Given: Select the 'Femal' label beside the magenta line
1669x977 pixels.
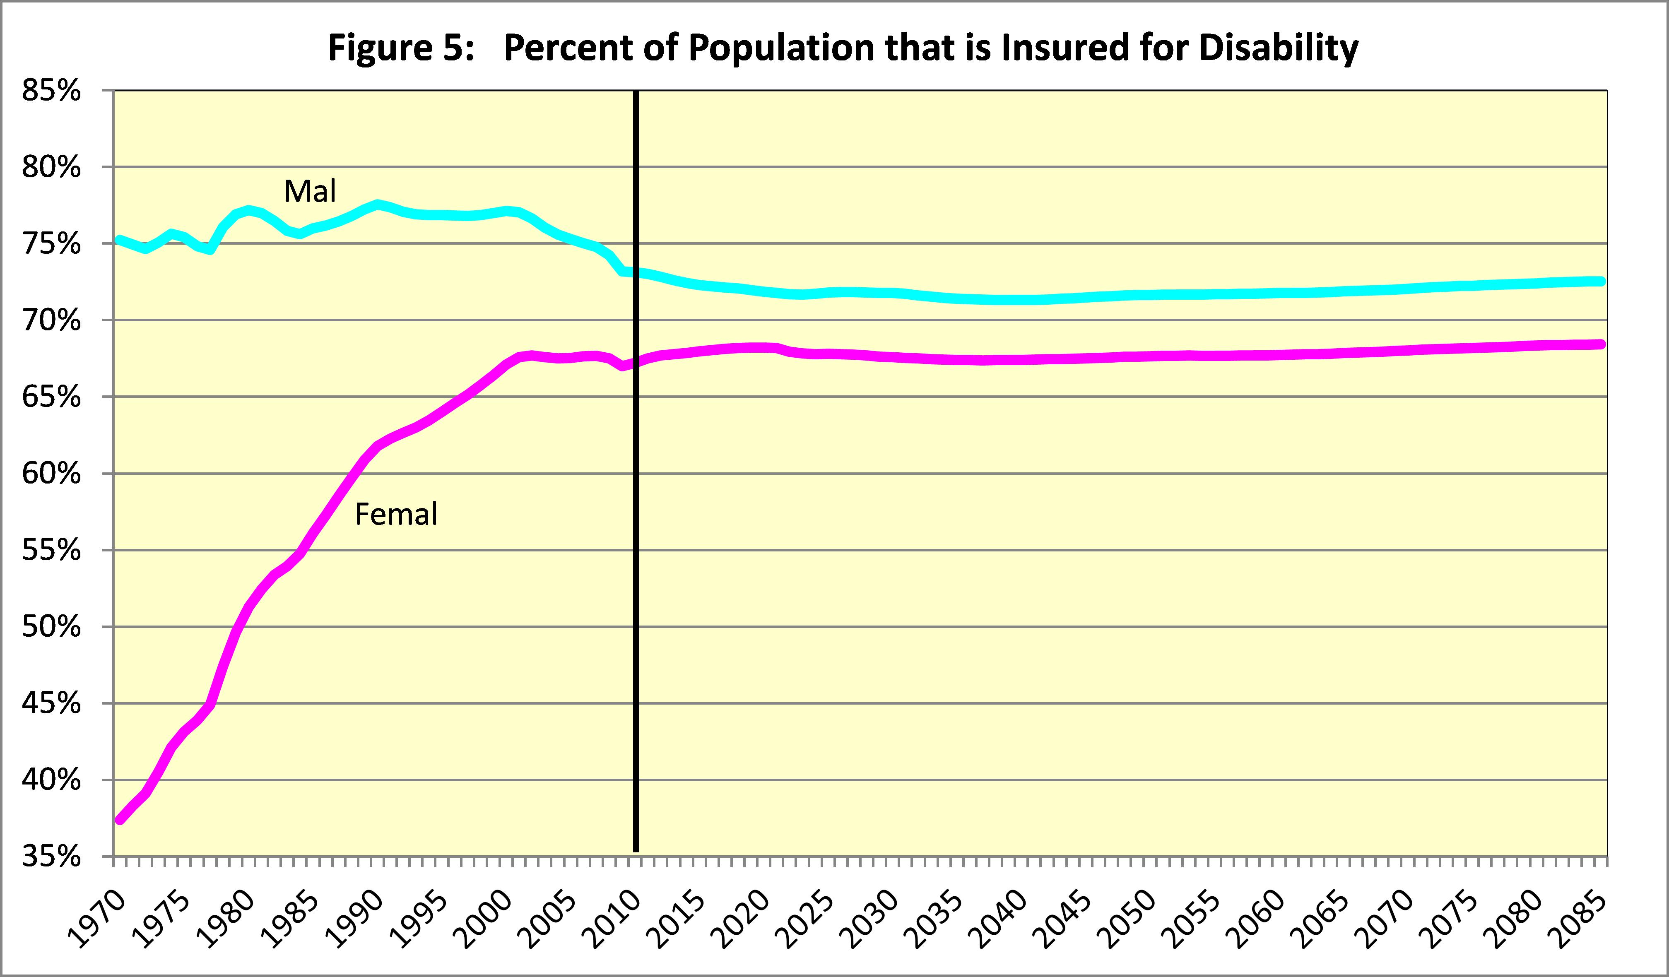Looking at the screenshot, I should click(396, 514).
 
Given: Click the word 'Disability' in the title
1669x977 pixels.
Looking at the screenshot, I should click(1278, 48).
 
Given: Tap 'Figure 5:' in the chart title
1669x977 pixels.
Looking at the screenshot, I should click(401, 48).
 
